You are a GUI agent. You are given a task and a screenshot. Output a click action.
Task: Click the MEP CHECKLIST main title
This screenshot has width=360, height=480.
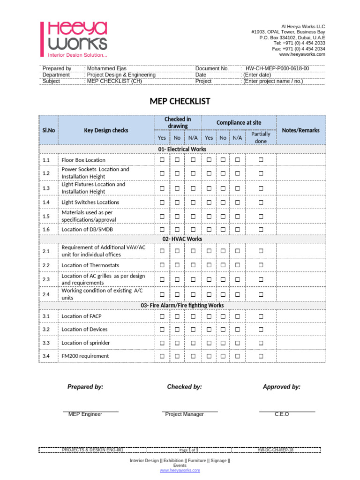pyautogui.click(x=180, y=101)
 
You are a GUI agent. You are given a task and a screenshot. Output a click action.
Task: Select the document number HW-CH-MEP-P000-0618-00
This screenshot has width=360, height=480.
pyautogui.click(x=277, y=68)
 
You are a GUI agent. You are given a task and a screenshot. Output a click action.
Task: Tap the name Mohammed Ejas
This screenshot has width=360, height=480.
pyautogui.click(x=106, y=68)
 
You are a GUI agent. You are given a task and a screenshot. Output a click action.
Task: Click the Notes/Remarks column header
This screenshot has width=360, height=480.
pyautogui.click(x=300, y=130)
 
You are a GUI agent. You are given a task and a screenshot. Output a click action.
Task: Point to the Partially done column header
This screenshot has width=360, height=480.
pyautogui.click(x=261, y=137)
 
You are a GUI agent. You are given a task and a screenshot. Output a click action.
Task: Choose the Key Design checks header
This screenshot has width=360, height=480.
pyautogui.click(x=106, y=130)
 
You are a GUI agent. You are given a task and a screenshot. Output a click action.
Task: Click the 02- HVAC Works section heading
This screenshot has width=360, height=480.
pyautogui.click(x=182, y=239)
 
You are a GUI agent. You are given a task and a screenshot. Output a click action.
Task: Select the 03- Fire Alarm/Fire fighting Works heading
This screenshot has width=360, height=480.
pyautogui.click(x=182, y=305)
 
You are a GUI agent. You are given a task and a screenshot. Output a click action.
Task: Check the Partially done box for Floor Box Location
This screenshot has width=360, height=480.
pyautogui.click(x=261, y=160)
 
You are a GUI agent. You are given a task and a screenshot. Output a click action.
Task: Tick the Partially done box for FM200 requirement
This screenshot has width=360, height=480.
pyautogui.click(x=261, y=356)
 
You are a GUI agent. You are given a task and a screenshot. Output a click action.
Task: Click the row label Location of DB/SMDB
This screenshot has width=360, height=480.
pyautogui.click(x=87, y=229)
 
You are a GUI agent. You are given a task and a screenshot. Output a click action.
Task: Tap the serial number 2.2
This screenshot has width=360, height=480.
pyautogui.click(x=46, y=265)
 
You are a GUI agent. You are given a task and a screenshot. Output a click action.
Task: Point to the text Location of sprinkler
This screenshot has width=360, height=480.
pyautogui.click(x=86, y=343)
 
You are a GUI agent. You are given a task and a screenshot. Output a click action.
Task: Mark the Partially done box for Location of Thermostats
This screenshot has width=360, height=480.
pyautogui.click(x=261, y=265)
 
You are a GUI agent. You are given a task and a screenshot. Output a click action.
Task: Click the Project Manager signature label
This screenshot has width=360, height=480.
pyautogui.click(x=184, y=414)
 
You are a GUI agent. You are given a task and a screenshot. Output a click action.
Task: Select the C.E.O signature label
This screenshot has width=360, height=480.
pyautogui.click(x=282, y=414)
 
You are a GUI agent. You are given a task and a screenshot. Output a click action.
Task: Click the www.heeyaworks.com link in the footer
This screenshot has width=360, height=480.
pyautogui.click(x=180, y=470)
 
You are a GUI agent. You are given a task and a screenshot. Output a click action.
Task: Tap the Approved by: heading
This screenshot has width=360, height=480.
pyautogui.click(x=281, y=387)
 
